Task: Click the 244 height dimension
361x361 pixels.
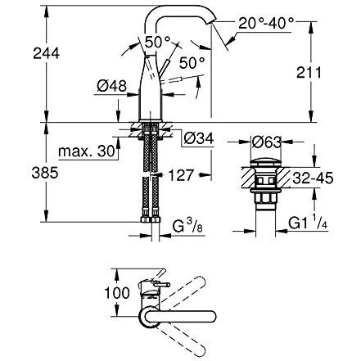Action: point(47,53)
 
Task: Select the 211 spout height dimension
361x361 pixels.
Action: point(309,73)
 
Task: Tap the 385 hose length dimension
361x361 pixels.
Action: point(45,173)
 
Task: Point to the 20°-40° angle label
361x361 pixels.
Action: point(266,23)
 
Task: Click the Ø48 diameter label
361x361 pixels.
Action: point(112,86)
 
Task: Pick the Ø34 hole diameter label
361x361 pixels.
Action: point(199,138)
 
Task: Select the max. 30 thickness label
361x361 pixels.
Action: point(87,151)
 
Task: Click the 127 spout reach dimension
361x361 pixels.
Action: point(181,175)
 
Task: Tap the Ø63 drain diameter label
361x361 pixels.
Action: point(266,142)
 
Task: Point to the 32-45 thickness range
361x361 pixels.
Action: point(313,178)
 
